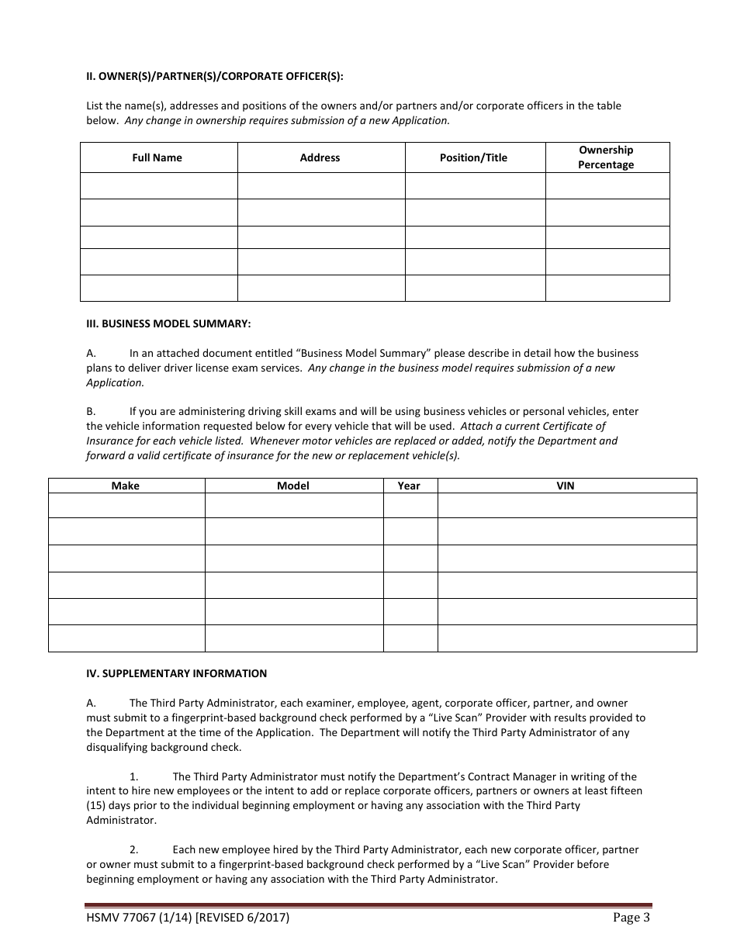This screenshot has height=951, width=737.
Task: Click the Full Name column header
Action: [157, 157]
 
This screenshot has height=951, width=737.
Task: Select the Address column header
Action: [320, 157]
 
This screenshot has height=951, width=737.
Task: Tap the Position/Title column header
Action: [473, 157]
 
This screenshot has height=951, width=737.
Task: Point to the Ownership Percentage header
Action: [606, 157]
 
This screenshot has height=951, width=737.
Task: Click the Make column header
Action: [126, 486]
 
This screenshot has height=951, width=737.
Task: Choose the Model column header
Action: [293, 486]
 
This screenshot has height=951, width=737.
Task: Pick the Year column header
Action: [409, 486]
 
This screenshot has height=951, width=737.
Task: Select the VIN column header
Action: [566, 486]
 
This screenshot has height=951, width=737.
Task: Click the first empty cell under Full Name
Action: [158, 185]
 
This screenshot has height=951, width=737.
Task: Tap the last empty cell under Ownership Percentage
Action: [607, 288]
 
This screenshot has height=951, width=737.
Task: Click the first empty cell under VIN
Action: [566, 506]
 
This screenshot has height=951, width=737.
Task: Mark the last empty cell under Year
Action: [410, 638]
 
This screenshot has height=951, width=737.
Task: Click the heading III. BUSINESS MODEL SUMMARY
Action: [168, 323]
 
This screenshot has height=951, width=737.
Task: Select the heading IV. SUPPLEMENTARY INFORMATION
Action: [176, 673]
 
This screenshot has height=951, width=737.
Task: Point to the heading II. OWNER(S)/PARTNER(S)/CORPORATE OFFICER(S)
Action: [214, 76]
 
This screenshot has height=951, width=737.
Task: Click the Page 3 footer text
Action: [631, 918]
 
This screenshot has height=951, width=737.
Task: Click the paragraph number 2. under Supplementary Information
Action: [134, 849]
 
